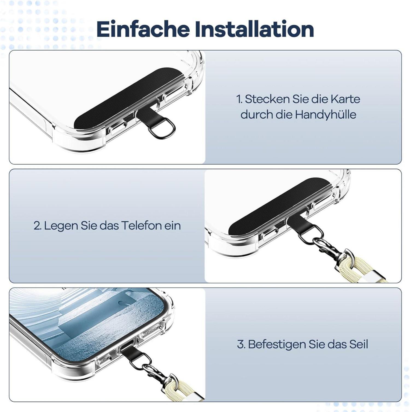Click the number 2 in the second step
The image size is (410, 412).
click(x=37, y=226)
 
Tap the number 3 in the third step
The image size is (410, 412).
click(x=241, y=344)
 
